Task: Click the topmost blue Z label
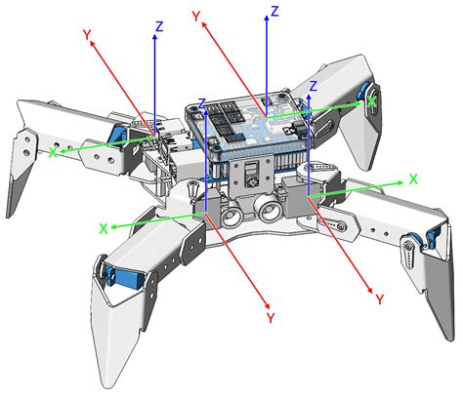coord(275,12)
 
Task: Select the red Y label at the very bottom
coord(271,318)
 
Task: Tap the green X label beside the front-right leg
coord(413,179)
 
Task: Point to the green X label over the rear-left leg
coord(53,152)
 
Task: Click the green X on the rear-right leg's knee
coord(371,101)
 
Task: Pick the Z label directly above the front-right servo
coord(314,86)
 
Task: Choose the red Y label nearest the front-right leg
coord(380,299)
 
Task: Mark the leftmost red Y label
coord(87,34)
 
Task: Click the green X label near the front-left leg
coord(104,228)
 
